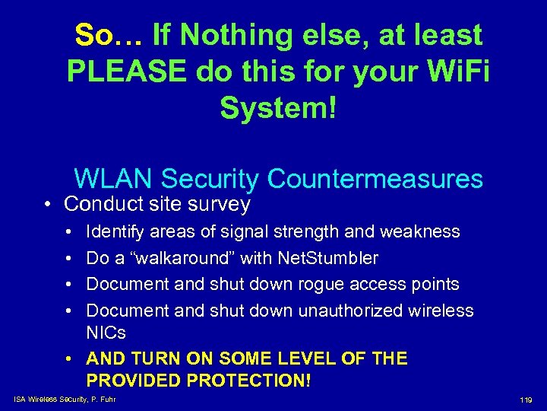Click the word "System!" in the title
[278, 108]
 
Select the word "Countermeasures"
[375, 179]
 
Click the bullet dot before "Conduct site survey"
[48, 205]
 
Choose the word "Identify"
[115, 231]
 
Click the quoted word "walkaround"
[183, 258]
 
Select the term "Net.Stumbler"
[328, 258]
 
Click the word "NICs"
[106, 333]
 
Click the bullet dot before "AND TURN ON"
[69, 358]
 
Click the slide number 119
[526, 400]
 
